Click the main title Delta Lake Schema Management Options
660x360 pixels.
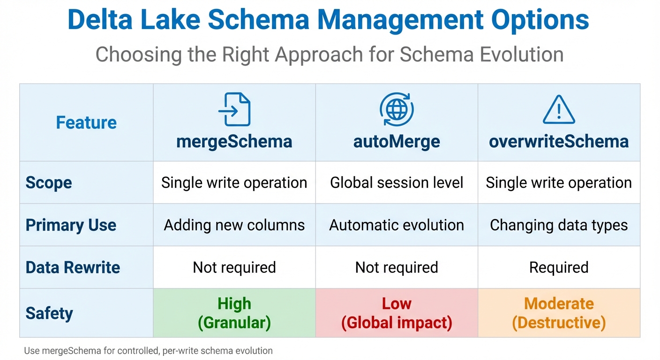[329, 20]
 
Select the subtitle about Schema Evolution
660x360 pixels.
[329, 54]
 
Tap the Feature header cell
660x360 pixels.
[86, 123]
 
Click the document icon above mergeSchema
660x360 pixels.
[234, 109]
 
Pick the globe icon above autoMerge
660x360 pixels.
[397, 109]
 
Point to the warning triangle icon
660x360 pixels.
[559, 110]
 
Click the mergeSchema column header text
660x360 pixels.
[234, 142]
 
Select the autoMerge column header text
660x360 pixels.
[397, 142]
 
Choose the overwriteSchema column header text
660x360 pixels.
[559, 142]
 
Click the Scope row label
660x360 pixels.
[49, 183]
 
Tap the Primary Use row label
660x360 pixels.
[71, 225]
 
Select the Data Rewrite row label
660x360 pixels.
[73, 267]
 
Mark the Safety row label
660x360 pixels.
[49, 313]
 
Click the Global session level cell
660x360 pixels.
[397, 183]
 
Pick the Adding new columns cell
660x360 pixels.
[234, 225]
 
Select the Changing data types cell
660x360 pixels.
[559, 225]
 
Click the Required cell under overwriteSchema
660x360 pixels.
[559, 267]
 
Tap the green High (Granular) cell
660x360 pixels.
[234, 313]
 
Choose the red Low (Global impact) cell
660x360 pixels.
[397, 313]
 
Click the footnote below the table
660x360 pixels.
[148, 350]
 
